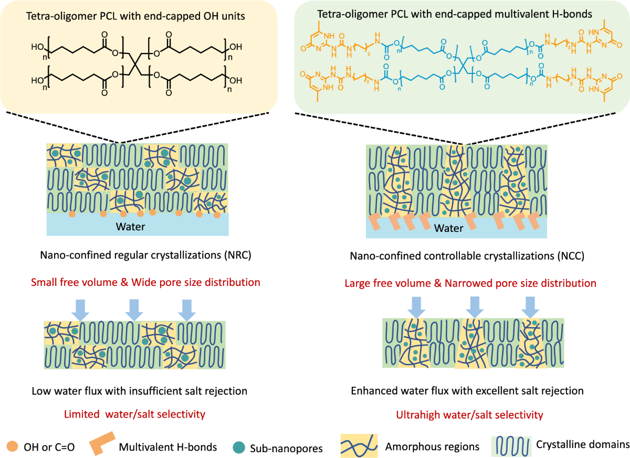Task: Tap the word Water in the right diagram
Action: click(x=450, y=228)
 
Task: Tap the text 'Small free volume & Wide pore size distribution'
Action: click(x=145, y=282)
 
